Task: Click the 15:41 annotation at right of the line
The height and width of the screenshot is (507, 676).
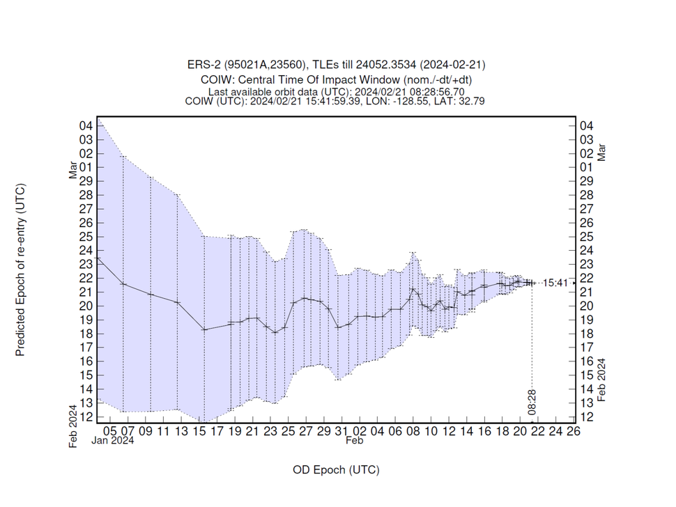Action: pyautogui.click(x=556, y=283)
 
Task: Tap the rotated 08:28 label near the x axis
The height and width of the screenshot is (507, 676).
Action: pyautogui.click(x=531, y=400)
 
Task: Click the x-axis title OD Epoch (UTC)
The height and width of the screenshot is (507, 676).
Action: pyautogui.click(x=337, y=470)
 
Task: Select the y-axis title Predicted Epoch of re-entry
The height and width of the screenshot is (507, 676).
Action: pyautogui.click(x=20, y=270)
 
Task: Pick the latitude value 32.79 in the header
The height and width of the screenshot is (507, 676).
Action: pyautogui.click(x=472, y=100)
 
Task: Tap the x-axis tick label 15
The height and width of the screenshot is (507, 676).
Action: pyautogui.click(x=200, y=432)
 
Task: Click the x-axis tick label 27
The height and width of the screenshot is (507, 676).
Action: pyautogui.click(x=305, y=432)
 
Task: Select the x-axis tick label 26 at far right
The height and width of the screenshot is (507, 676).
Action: pyautogui.click(x=574, y=432)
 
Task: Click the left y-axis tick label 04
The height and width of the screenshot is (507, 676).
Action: pyautogui.click(x=86, y=126)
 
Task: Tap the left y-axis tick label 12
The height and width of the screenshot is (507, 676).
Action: pyautogui.click(x=86, y=417)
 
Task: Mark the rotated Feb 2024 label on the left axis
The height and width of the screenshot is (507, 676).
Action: pyautogui.click(x=73, y=426)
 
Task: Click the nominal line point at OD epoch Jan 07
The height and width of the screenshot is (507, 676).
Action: pyautogui.click(x=123, y=284)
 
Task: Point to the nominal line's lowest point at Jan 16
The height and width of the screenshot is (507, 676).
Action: pyautogui.click(x=204, y=329)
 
